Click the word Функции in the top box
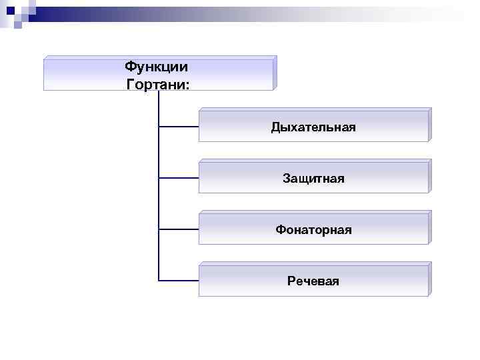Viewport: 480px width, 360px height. [156, 67]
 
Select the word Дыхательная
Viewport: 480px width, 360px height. [313, 127]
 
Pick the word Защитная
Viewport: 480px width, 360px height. [313, 178]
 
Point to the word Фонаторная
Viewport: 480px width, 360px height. [313, 230]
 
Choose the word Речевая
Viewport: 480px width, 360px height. [313, 281]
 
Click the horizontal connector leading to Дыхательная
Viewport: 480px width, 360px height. [179, 126]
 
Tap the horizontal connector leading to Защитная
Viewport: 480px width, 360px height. [179, 178]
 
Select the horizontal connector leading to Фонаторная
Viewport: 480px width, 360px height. [179, 229]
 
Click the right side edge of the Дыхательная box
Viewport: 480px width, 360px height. [429, 125]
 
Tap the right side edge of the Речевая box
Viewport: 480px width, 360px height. [429, 279]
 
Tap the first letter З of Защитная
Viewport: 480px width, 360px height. [286, 179]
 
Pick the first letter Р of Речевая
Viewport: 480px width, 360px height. [291, 281]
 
